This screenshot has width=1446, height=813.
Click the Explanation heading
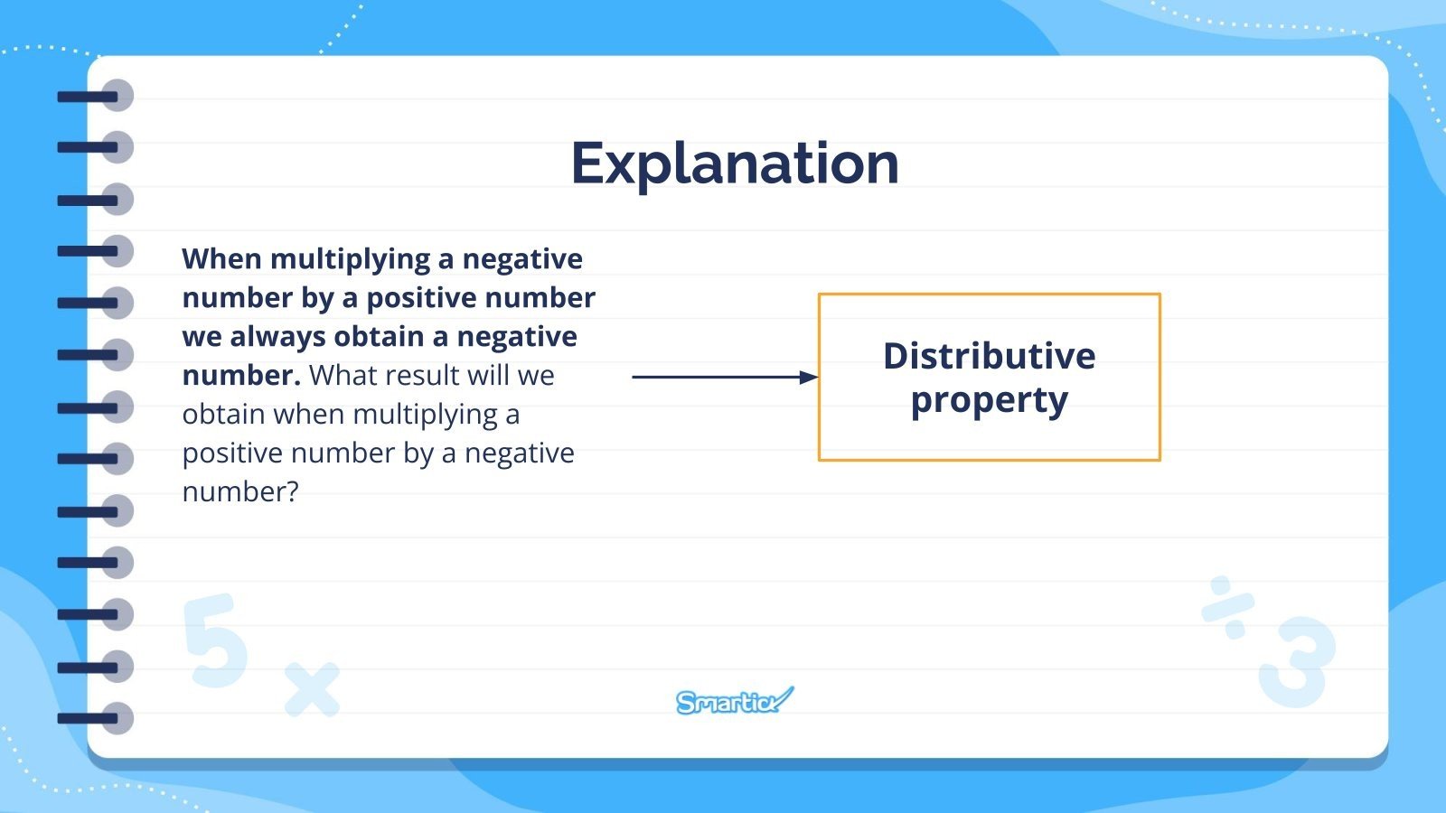[735, 164]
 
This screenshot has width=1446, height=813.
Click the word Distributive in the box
[989, 356]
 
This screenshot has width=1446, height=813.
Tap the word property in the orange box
[989, 400]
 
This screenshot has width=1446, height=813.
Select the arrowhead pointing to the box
[809, 377]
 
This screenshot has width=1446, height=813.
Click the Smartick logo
[734, 701]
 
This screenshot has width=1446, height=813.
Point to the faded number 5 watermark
[215, 640]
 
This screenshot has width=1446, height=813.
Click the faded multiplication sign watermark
[312, 689]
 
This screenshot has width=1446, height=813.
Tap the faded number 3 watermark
[1297, 662]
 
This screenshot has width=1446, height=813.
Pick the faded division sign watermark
[1228, 607]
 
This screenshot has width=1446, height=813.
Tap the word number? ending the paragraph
[239, 492]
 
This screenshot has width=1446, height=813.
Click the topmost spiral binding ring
[116, 95]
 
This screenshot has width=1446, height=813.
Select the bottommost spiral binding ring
[116, 719]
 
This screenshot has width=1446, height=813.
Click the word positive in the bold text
[420, 298]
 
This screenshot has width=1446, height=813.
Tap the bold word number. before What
[240, 376]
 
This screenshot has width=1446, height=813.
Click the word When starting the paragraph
[221, 259]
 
